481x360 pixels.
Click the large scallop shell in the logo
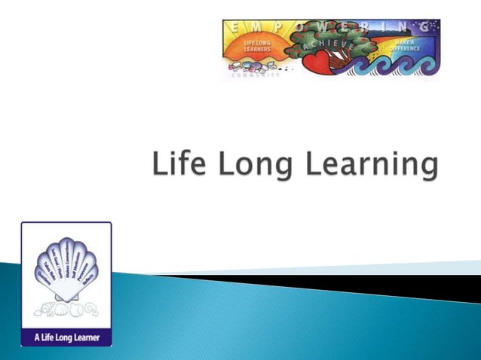click(x=66, y=271)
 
